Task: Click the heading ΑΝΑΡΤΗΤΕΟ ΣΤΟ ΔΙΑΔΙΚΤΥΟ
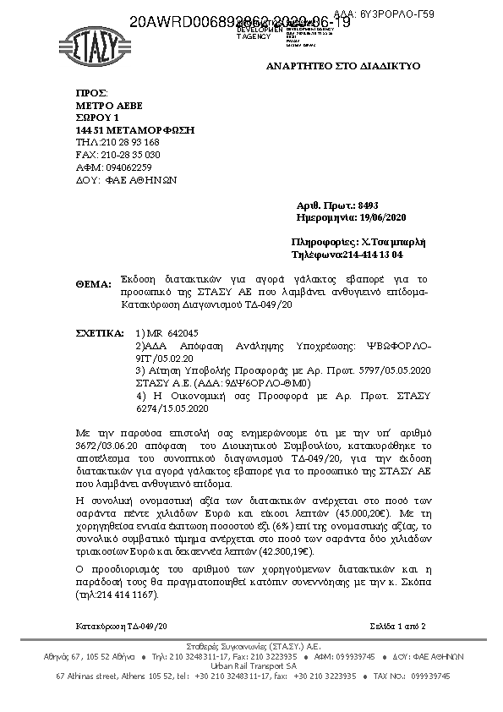coord(342,66)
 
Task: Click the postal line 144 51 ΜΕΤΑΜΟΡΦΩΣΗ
coord(135,130)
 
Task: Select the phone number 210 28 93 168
coord(129,143)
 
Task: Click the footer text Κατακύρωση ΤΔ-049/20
coord(121,625)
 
